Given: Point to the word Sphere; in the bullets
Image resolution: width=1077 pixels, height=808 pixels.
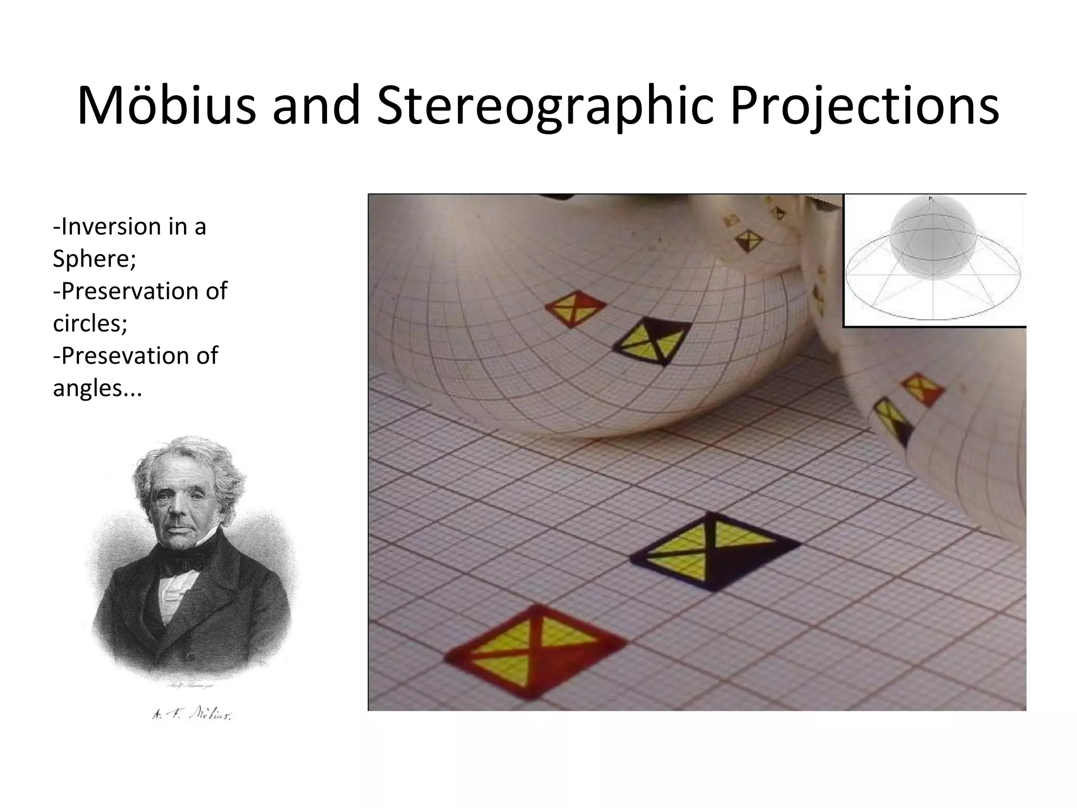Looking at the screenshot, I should pyautogui.click(x=95, y=258).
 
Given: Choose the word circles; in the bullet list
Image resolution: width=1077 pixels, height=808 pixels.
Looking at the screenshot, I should pyautogui.click(x=90, y=322).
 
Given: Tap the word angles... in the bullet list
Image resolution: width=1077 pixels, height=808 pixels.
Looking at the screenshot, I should pyautogui.click(x=97, y=388).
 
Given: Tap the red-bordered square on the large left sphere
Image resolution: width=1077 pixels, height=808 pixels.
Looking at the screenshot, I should pyautogui.click(x=575, y=308).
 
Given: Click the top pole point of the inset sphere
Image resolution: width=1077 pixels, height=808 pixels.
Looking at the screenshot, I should pyautogui.click(x=930, y=198).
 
